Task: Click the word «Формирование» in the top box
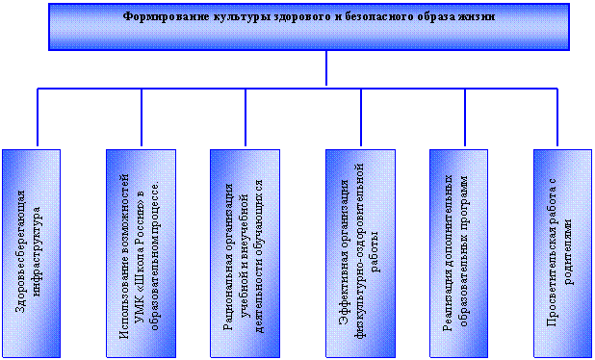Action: pos(158,16)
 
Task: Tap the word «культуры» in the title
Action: pos(220,17)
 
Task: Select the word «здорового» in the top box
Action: pos(272,17)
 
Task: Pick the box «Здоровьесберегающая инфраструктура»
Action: pos(31,253)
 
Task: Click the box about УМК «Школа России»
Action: pos(141,253)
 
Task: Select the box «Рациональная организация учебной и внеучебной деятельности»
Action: pos(246,253)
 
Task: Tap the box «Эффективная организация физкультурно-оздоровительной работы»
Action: pos(360,253)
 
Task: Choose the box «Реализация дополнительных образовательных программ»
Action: pos(459,253)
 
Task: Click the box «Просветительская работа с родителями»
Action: pos(562,253)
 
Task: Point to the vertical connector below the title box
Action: pos(326,68)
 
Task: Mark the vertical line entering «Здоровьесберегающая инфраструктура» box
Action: pos(38,117)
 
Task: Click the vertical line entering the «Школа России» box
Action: pos(142,117)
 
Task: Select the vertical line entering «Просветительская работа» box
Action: pos(557,117)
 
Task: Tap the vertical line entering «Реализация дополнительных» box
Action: pos(465,117)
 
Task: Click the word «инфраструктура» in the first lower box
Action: pos(38,250)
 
